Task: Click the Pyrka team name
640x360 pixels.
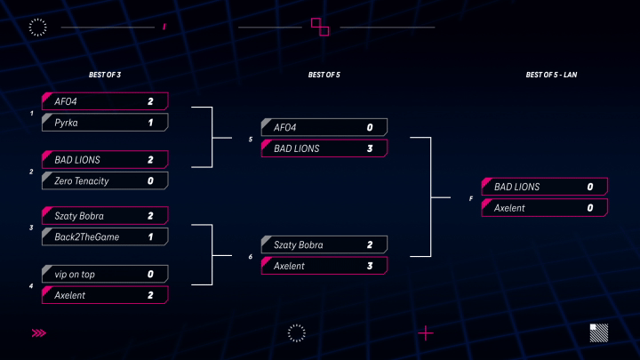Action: pyautogui.click(x=66, y=123)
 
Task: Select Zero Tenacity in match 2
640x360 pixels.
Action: pyautogui.click(x=82, y=180)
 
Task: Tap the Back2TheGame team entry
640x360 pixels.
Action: pyautogui.click(x=87, y=237)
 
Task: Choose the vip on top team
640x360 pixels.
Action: pyautogui.click(x=75, y=275)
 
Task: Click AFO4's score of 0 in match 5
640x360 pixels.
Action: pyautogui.click(x=370, y=128)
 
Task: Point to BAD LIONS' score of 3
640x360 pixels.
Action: pyautogui.click(x=370, y=148)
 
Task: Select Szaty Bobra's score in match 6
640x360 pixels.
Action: pyautogui.click(x=370, y=245)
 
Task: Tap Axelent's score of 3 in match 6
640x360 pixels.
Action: pyautogui.click(x=370, y=266)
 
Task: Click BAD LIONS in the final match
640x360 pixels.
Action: pyautogui.click(x=516, y=187)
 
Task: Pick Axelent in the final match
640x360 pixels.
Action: pyautogui.click(x=509, y=208)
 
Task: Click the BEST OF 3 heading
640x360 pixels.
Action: pyautogui.click(x=105, y=75)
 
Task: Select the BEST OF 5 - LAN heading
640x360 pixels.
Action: pyautogui.click(x=551, y=75)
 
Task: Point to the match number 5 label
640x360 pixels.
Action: pyautogui.click(x=250, y=140)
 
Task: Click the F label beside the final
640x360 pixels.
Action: pyautogui.click(x=470, y=199)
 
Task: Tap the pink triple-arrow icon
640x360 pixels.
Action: pyautogui.click(x=39, y=333)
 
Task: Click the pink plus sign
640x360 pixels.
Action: pyautogui.click(x=426, y=333)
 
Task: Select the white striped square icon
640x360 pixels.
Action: pyautogui.click(x=599, y=333)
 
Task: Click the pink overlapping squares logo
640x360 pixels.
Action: pyautogui.click(x=320, y=27)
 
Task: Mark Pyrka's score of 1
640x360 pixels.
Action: pyautogui.click(x=150, y=123)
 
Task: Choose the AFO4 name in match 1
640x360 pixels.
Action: pyautogui.click(x=66, y=101)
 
